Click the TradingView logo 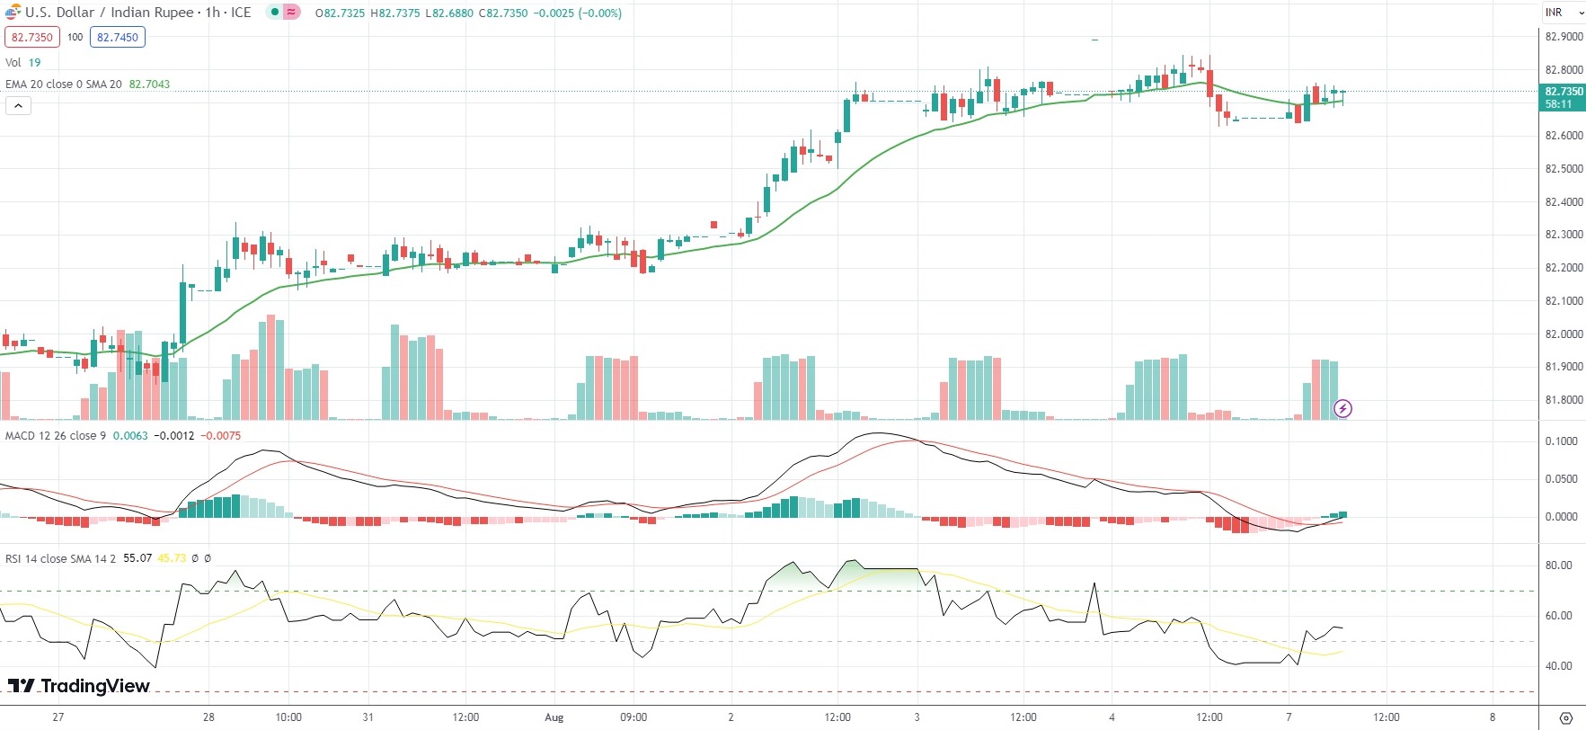(x=79, y=686)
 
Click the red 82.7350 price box (x=32, y=37)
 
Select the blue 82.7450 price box (x=118, y=37)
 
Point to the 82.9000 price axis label (x=1564, y=37)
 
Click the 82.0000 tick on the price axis (x=1564, y=334)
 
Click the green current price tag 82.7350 (x=1564, y=92)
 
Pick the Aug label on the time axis (x=554, y=717)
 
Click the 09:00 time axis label (x=634, y=717)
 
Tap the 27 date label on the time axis (x=58, y=717)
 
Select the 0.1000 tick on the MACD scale (x=1562, y=441)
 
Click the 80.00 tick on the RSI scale (x=1559, y=565)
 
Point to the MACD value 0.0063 (x=130, y=436)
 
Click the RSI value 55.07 (x=137, y=558)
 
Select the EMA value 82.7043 (x=149, y=84)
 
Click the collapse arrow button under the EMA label (x=18, y=105)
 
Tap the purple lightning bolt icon (x=1342, y=409)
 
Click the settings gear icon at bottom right (x=1566, y=717)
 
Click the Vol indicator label (x=13, y=62)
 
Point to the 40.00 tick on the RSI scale (x=1559, y=666)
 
